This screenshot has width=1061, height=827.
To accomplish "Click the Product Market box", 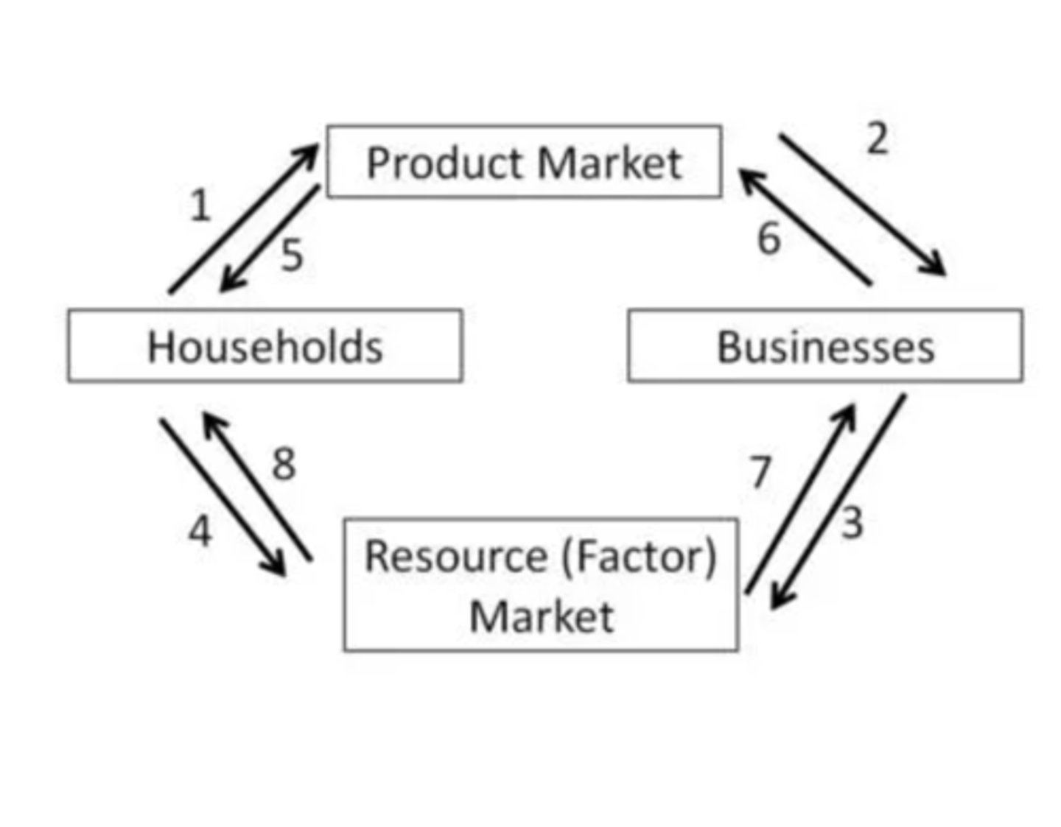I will (x=524, y=161).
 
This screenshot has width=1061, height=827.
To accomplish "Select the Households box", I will (x=265, y=345).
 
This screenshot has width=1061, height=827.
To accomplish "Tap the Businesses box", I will (x=825, y=345).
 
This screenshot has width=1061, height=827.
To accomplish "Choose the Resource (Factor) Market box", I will (x=541, y=585).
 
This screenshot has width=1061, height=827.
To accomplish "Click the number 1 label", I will (x=200, y=205).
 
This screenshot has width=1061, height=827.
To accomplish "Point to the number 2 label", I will (x=877, y=138).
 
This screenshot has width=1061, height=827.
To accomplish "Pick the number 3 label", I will (x=852, y=524).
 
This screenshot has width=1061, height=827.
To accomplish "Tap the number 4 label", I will (x=200, y=531).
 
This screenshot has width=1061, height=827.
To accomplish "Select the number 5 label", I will (x=292, y=256).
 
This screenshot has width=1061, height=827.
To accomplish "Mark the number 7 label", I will (x=760, y=472).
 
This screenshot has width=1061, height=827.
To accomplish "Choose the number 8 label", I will (x=284, y=464).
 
